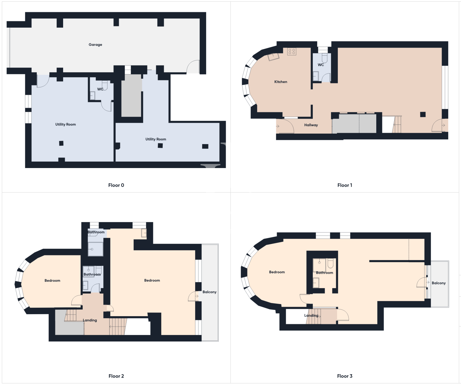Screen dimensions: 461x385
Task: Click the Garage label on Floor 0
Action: (96, 45)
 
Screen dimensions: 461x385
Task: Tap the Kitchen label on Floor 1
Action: (281, 82)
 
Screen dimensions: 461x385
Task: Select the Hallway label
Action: (311, 125)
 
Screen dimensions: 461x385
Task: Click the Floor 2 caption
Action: (116, 376)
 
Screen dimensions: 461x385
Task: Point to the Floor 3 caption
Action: (345, 376)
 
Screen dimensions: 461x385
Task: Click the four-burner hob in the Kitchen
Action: (292, 52)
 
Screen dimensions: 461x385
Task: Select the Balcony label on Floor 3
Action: (438, 283)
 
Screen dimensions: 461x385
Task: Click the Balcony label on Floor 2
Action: (209, 292)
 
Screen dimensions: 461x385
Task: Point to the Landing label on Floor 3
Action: (311, 315)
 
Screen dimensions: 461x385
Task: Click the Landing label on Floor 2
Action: (90, 320)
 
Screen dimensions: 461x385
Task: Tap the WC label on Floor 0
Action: (100, 89)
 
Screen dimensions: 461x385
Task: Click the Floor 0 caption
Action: (116, 185)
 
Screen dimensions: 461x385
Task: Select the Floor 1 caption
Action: (345, 185)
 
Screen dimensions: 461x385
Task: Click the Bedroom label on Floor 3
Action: (277, 272)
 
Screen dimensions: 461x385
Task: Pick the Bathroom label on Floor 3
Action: (324, 273)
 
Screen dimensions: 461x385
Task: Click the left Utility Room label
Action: (65, 125)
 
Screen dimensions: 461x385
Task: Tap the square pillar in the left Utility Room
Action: (61, 143)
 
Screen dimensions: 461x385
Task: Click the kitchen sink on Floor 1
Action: (273, 57)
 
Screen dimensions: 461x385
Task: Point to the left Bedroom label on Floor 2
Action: (52, 281)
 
